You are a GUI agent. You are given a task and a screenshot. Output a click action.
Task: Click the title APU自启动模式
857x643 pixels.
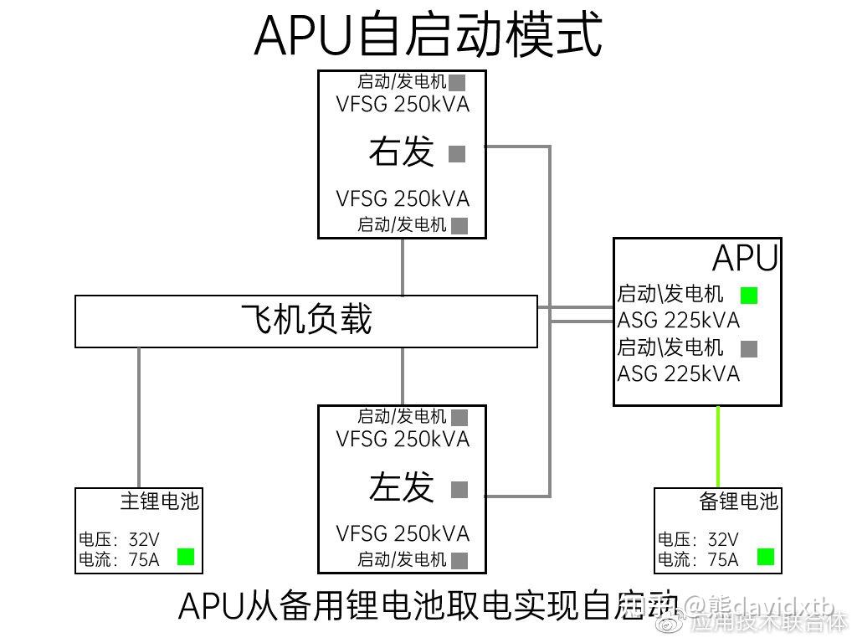[428, 35]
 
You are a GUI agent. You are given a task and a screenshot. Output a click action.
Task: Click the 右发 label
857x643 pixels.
[402, 152]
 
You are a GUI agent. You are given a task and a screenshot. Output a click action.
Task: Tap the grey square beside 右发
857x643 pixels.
[457, 154]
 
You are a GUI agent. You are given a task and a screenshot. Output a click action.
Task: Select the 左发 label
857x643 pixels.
[402, 487]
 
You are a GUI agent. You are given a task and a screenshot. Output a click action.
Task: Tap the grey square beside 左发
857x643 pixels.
[459, 490]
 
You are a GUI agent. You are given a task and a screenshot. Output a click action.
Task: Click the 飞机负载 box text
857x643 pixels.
[306, 320]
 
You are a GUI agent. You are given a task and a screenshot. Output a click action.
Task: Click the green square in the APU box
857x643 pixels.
[749, 295]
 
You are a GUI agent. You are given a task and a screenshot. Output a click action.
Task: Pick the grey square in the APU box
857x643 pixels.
[749, 349]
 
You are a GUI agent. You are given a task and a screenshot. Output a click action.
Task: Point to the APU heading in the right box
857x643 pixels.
[745, 260]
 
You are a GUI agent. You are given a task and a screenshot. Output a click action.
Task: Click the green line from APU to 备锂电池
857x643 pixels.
[718, 447]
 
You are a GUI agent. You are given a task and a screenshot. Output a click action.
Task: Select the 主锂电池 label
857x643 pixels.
[159, 502]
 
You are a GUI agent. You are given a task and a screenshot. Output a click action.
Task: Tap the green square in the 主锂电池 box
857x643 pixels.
[186, 557]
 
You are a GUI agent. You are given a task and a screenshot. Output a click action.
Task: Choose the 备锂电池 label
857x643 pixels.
[738, 502]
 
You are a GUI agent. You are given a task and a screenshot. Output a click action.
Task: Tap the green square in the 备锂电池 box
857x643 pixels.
[765, 557]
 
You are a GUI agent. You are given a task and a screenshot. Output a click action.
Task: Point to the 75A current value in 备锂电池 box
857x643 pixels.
[723, 559]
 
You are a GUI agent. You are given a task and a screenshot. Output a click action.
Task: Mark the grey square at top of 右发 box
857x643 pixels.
[457, 82]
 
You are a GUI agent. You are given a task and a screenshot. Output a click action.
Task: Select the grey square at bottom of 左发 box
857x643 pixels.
[459, 560]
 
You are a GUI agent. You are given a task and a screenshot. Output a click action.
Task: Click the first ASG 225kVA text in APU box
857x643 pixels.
[678, 320]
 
